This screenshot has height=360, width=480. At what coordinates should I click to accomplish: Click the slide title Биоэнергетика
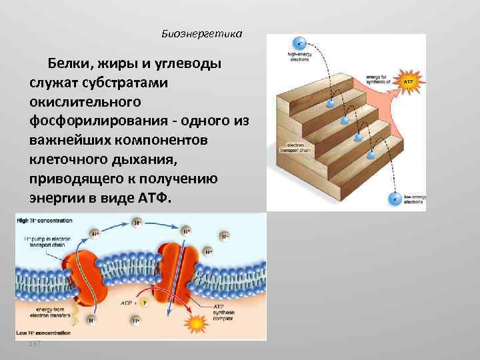click(x=202, y=33)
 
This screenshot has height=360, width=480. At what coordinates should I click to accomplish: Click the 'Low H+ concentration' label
click(x=41, y=332)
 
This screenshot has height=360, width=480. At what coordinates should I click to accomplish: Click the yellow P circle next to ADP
click(x=143, y=302)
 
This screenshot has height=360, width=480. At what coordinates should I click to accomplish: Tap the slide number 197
click(x=35, y=343)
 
